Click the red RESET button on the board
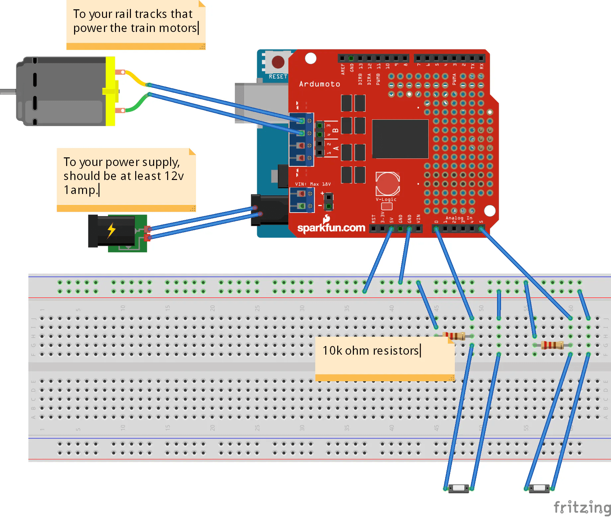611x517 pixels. [x=278, y=62]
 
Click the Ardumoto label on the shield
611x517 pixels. [x=319, y=84]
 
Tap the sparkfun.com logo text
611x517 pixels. [x=331, y=228]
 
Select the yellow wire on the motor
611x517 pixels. [x=136, y=78]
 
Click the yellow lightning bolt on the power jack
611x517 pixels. [x=111, y=230]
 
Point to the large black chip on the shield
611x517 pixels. [x=400, y=139]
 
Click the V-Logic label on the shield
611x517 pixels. [x=386, y=200]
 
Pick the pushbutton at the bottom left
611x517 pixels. [x=458, y=488]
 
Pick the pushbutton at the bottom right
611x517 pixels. [x=539, y=488]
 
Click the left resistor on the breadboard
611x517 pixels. [x=454, y=336]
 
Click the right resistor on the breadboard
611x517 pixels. [x=552, y=345]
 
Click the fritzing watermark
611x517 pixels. [x=581, y=508]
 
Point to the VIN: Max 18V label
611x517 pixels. [x=313, y=184]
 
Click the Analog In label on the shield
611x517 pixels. [x=458, y=218]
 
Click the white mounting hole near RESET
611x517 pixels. [x=311, y=58]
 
